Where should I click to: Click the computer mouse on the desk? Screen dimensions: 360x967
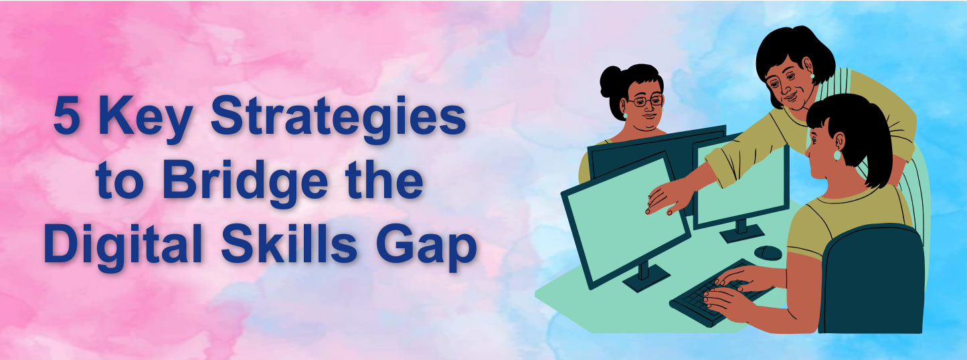pos(768,252)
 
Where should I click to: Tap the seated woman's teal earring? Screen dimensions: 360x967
pos(837,155)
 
